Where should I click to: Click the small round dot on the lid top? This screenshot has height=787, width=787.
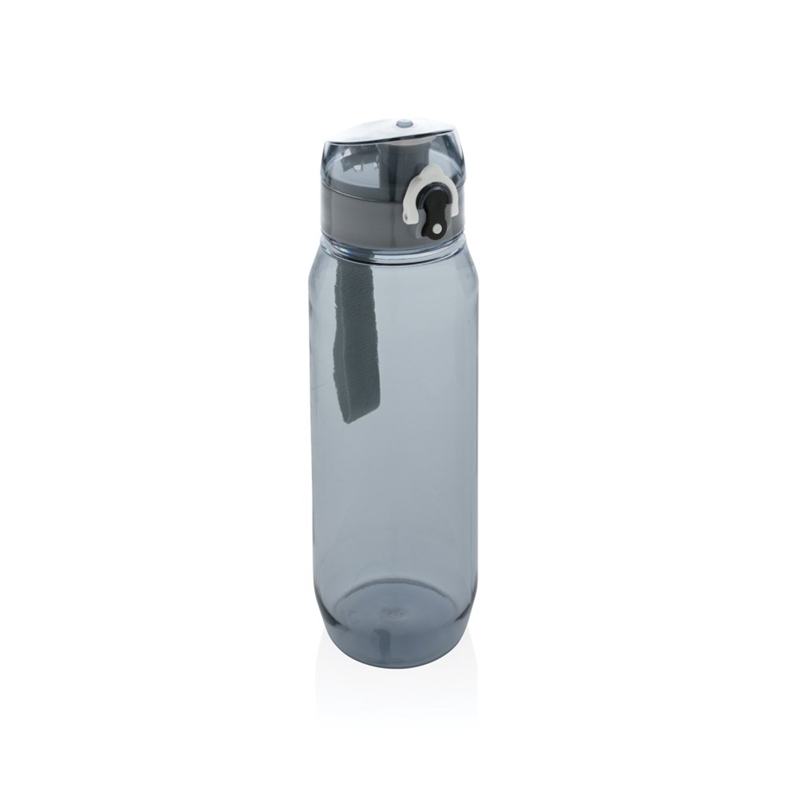(x=404, y=123)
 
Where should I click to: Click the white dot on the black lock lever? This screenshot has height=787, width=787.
(x=431, y=227)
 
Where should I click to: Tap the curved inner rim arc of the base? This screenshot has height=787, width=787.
(x=393, y=584)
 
